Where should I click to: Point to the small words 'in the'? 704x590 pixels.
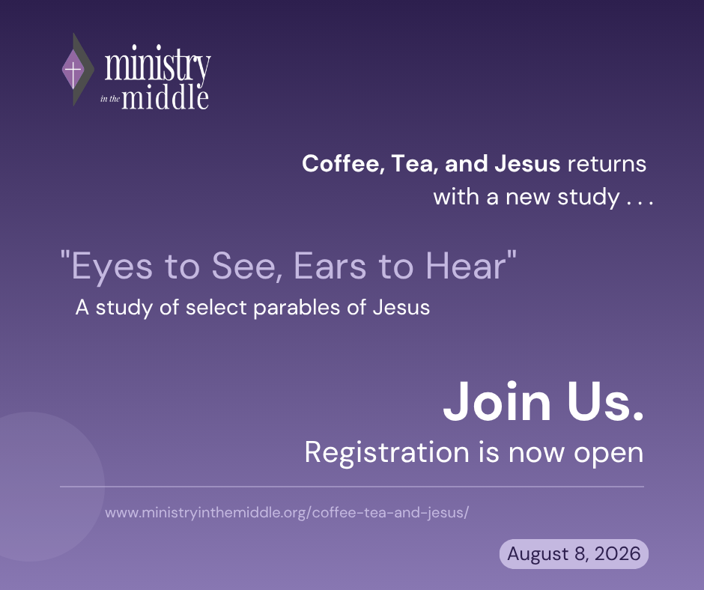click(x=110, y=99)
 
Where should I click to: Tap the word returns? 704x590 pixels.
click(x=607, y=164)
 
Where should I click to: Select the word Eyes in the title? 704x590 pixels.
click(x=112, y=267)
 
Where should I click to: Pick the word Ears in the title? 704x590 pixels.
click(x=330, y=266)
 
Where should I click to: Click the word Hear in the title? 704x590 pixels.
click(x=466, y=266)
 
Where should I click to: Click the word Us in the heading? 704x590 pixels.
click(x=605, y=401)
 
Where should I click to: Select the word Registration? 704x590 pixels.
click(x=387, y=452)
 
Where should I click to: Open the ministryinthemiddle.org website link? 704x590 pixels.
click(x=287, y=512)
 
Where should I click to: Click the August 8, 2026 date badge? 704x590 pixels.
click(x=574, y=553)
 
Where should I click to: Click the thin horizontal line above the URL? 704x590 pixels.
click(x=352, y=486)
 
